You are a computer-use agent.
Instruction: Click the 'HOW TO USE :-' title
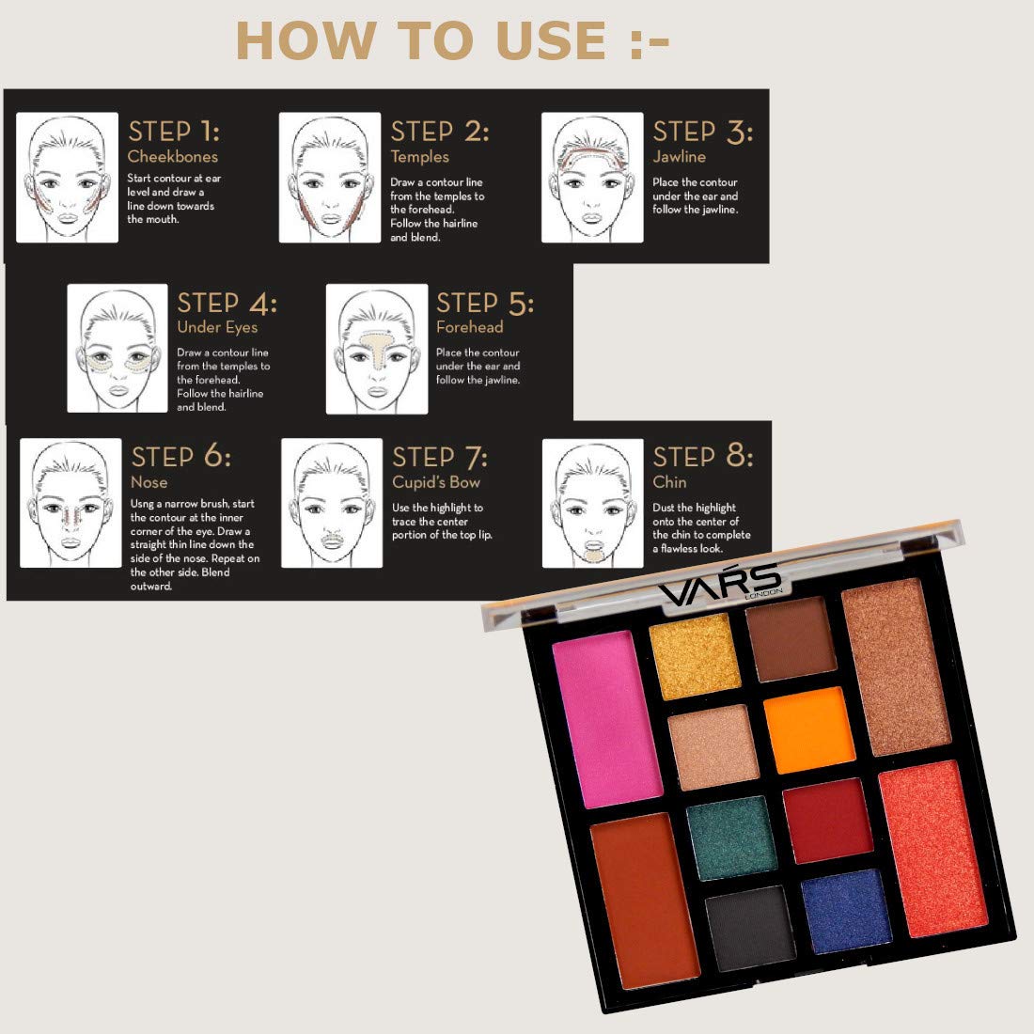point(452,40)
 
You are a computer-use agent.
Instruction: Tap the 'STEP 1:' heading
point(174,132)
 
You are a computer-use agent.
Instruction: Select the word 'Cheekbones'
point(172,156)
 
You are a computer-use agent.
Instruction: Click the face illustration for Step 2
point(330,178)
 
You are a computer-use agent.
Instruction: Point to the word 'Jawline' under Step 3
point(680,156)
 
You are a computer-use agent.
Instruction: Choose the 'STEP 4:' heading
point(227,303)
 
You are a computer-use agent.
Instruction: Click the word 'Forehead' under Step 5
point(469,326)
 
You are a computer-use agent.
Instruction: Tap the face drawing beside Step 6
point(70,503)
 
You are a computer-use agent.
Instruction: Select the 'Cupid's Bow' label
point(436,482)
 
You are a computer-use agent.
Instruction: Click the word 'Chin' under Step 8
point(669,482)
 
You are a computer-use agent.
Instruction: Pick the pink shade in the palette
point(606,719)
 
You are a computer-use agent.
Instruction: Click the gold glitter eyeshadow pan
point(695,656)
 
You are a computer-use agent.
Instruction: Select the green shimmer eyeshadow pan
point(730,838)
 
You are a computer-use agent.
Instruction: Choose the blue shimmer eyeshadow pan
point(846,911)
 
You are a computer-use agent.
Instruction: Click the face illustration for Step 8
point(593,503)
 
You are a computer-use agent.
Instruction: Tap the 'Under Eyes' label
point(217,327)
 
